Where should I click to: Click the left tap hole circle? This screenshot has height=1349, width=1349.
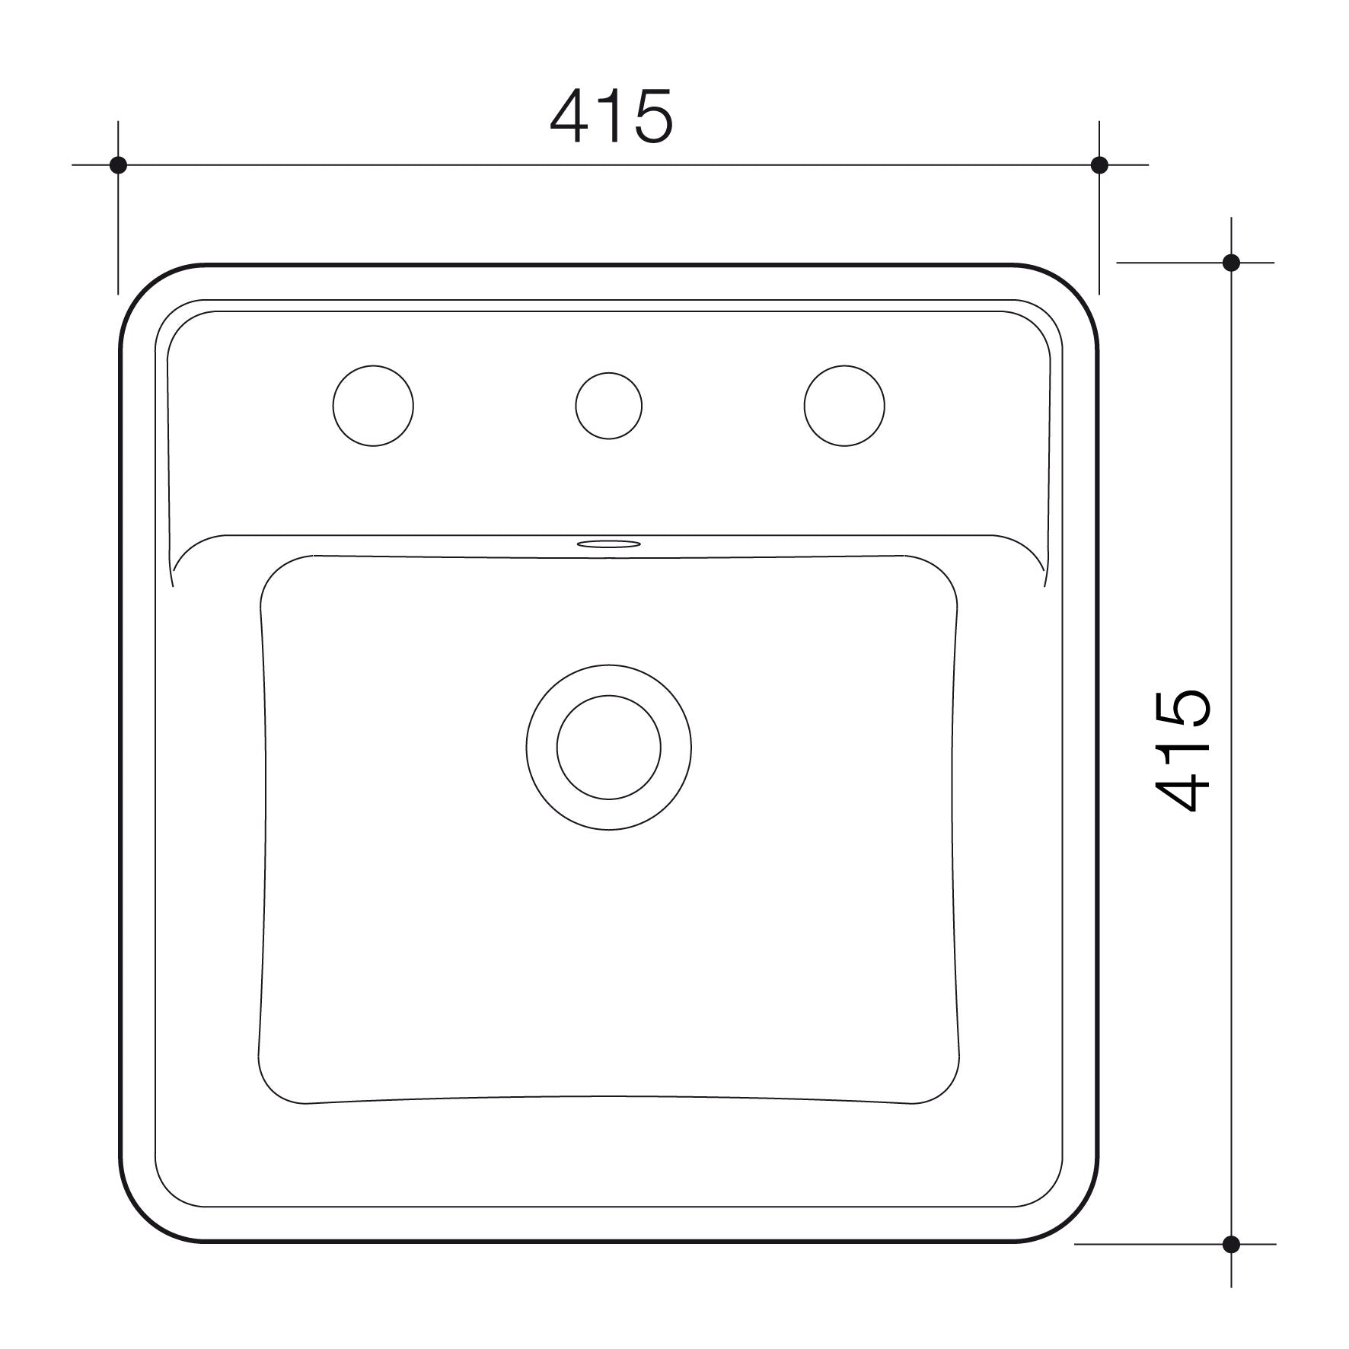pos(373,406)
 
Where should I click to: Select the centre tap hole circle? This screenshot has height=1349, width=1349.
pos(608,406)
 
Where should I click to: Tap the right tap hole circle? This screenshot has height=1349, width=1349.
pos(844,406)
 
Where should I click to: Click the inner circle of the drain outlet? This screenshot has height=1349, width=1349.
pos(608,747)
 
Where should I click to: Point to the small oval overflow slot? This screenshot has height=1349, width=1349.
pos(608,544)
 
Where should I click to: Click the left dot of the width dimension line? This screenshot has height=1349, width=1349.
pos(118,164)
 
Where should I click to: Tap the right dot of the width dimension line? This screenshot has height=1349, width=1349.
pos(1099,164)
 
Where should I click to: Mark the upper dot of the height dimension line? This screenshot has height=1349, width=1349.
pos(1231,263)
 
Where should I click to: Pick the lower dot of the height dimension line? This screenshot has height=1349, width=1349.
pos(1231,1245)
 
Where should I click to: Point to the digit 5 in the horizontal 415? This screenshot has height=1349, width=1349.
pos(651,118)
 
